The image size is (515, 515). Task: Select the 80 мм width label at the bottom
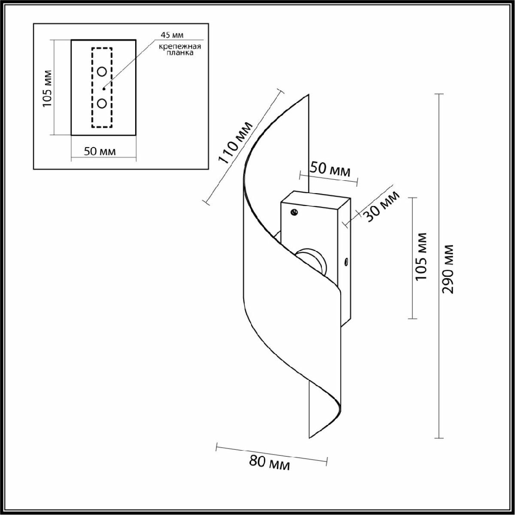coord(270,463)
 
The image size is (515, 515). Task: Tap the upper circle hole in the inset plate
coord(102,71)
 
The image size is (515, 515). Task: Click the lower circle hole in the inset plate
coord(102,103)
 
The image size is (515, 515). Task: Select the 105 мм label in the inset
coord(47,88)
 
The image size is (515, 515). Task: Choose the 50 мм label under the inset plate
coord(100,151)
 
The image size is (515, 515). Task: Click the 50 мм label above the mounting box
coord(330,169)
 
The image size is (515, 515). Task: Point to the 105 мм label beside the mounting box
coord(422,256)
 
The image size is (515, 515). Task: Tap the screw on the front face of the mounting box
coord(294,212)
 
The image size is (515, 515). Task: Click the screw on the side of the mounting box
coord(346,261)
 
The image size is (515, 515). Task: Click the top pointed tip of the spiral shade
coord(309,95)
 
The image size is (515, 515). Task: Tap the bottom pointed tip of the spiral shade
coord(309,437)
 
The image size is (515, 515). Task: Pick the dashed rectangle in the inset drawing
coord(92,88)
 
